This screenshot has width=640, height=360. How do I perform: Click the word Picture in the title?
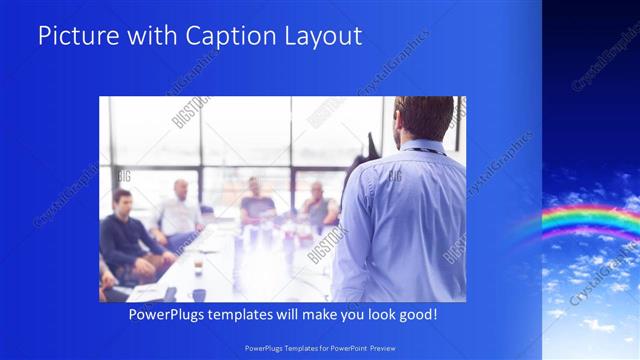click(75, 36)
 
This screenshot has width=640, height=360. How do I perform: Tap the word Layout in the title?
click(320, 36)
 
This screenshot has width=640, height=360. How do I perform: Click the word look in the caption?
click(371, 315)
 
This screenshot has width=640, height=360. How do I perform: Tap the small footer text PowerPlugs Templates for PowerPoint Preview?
click(320, 347)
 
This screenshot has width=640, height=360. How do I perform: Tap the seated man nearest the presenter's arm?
click(318, 205)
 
